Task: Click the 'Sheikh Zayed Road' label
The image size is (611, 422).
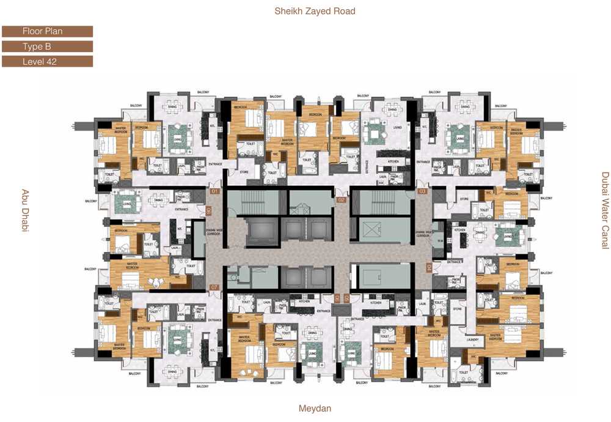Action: [x=315, y=11]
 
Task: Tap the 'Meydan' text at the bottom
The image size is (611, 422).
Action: [x=315, y=408]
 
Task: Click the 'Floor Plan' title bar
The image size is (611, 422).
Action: [x=48, y=31]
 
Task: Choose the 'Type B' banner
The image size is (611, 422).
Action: [x=48, y=46]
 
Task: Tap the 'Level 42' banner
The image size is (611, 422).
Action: [x=48, y=61]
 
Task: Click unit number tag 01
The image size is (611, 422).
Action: [x=214, y=191]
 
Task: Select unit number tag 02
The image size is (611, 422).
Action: [x=342, y=199]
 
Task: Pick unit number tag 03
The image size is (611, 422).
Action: [x=422, y=191]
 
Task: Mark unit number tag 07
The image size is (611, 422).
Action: [x=214, y=287]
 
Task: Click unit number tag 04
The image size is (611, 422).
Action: [x=428, y=267]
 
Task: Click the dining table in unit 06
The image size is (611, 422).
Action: [x=158, y=199]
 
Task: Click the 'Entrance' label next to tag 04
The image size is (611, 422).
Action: [x=455, y=262]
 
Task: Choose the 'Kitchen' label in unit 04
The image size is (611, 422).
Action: [x=460, y=231]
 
